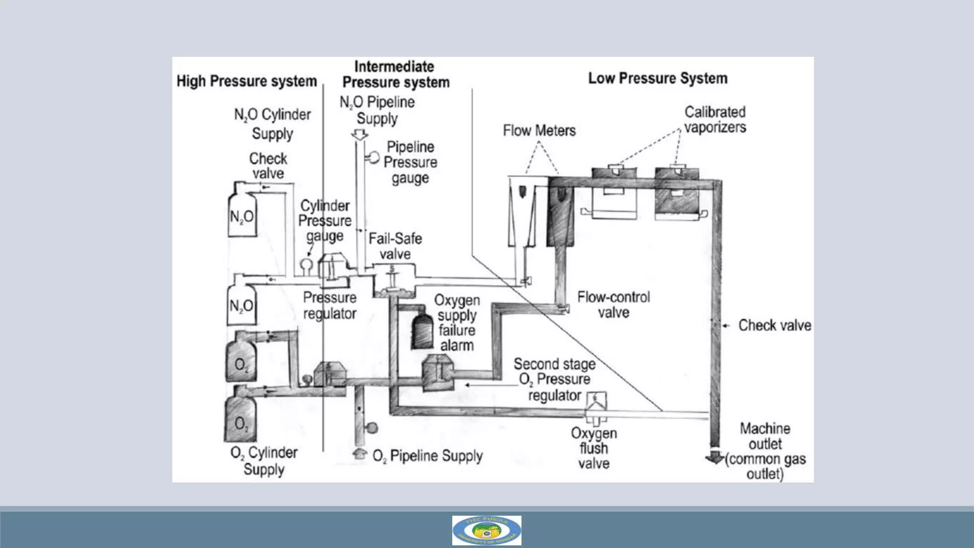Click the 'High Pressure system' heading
point(246,81)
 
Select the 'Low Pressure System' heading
point(657,78)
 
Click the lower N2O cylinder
point(241,305)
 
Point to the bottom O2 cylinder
point(241,421)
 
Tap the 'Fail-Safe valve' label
point(395,246)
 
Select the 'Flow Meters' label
point(539,130)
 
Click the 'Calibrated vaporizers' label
point(715,119)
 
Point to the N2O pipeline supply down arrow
point(360,135)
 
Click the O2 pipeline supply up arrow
point(360,453)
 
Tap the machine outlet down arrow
point(714,457)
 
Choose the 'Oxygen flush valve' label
point(594,448)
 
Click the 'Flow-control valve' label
point(613,304)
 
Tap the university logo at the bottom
point(487,530)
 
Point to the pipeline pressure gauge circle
point(374,157)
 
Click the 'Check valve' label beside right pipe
point(774,325)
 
